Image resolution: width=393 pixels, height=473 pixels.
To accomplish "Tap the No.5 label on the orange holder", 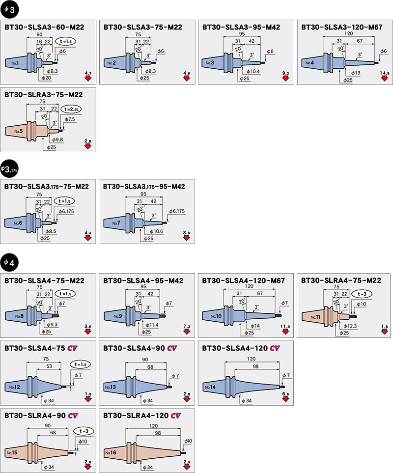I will tap(19, 131).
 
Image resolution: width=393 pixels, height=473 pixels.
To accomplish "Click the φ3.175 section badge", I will tap(8, 169).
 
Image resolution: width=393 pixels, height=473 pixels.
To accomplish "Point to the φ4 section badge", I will tap(9, 263).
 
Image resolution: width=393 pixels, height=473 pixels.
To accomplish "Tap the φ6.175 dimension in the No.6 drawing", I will tap(66, 211).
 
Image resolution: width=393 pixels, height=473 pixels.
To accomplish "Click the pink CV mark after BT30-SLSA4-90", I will tap(171, 348).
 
